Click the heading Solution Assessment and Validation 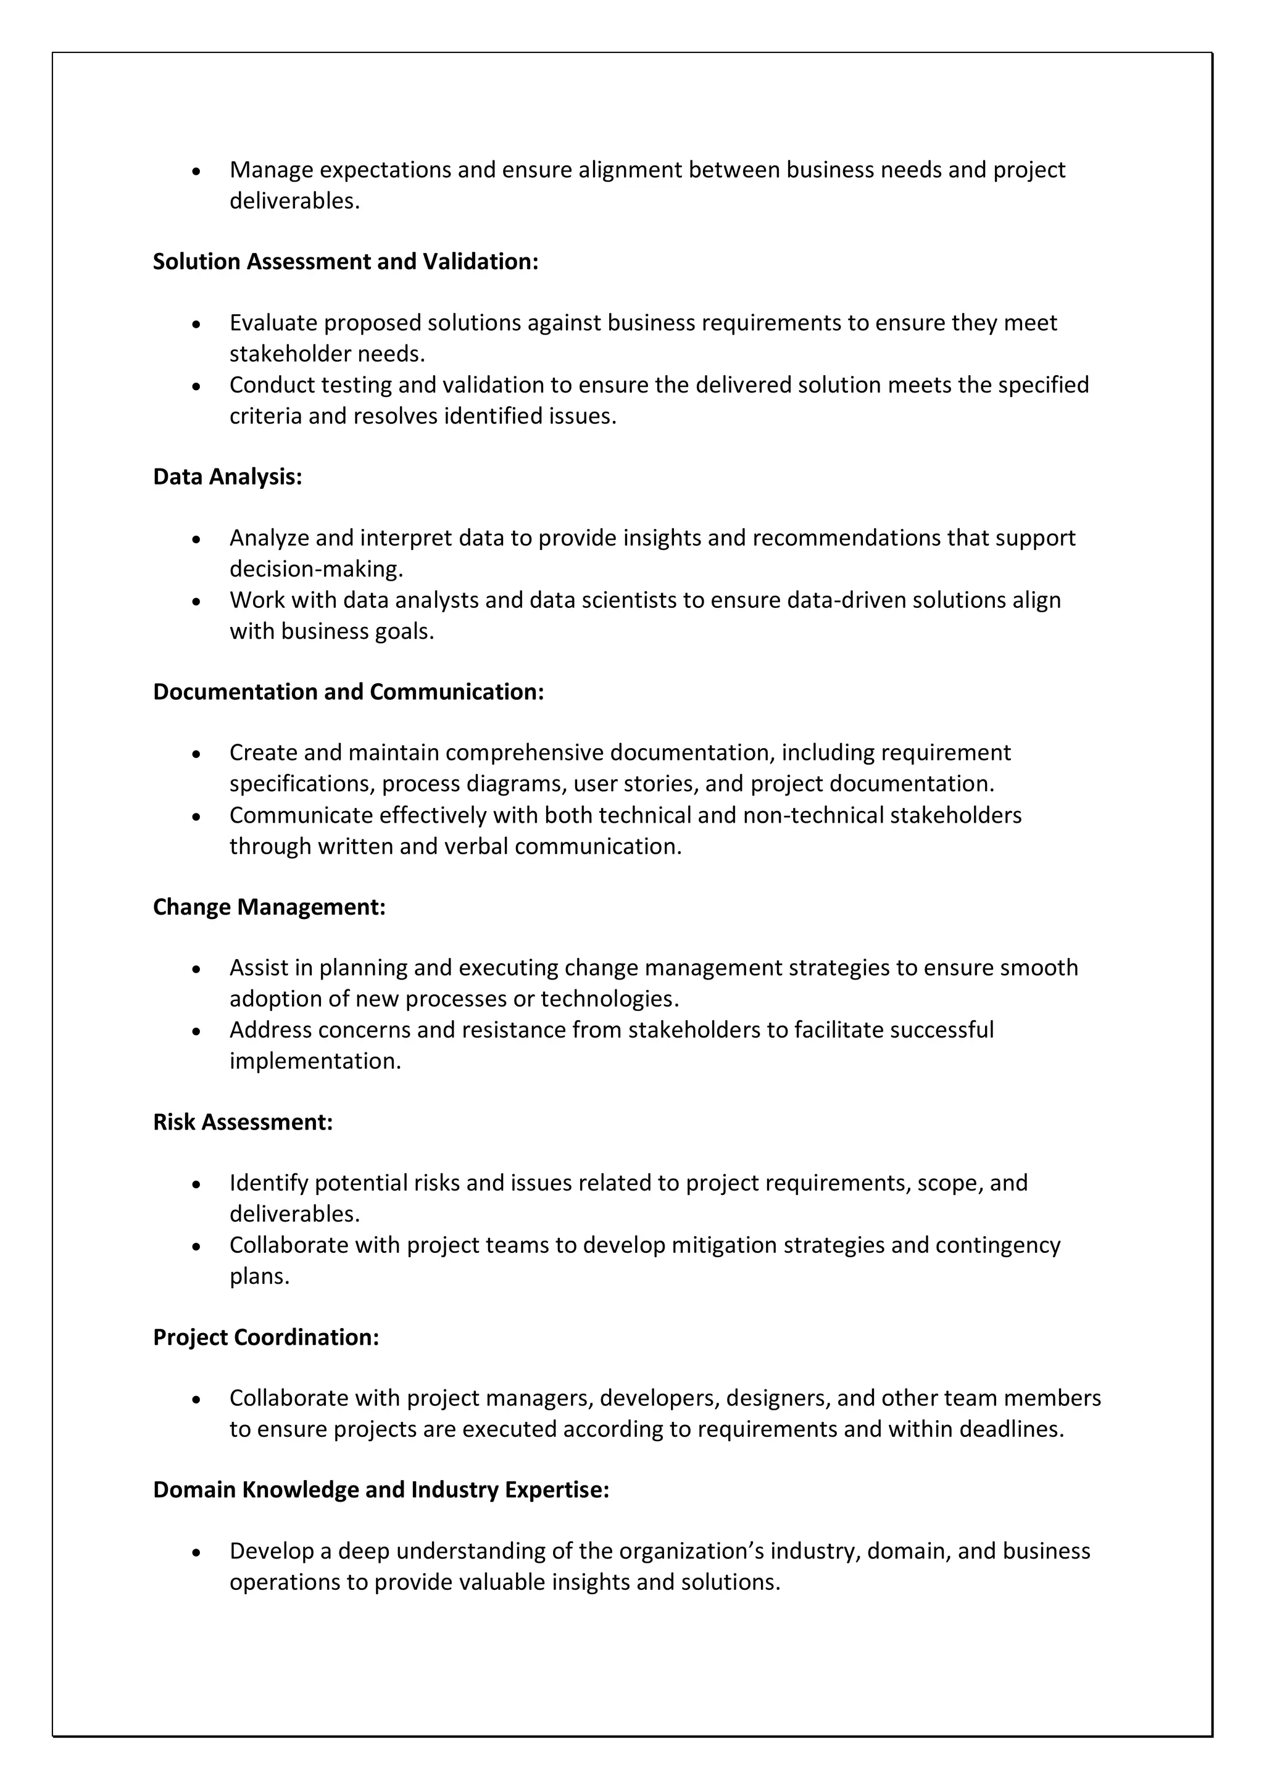click(x=345, y=262)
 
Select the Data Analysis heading click(x=227, y=476)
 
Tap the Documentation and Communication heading click(x=348, y=691)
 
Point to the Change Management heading click(x=268, y=907)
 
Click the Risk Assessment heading click(x=243, y=1122)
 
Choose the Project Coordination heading click(x=265, y=1337)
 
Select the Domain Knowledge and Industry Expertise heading click(x=381, y=1490)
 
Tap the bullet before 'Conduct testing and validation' click(x=196, y=386)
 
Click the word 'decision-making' click(x=315, y=569)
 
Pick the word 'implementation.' click(x=315, y=1062)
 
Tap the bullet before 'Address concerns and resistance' click(x=196, y=1032)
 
